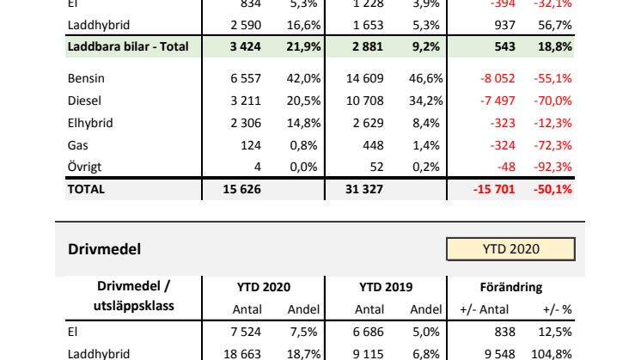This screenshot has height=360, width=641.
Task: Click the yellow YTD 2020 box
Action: point(510,249)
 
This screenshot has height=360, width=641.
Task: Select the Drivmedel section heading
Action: point(104,249)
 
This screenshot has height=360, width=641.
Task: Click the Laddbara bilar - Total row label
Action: point(127,45)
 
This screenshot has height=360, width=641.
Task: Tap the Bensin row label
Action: point(85,78)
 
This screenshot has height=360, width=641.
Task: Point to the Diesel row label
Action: point(83,101)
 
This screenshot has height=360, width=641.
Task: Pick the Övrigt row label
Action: point(85,167)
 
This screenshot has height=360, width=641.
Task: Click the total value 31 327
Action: point(363,189)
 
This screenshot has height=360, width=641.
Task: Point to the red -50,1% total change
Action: point(554,189)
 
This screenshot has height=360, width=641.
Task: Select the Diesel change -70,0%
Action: point(554,101)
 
